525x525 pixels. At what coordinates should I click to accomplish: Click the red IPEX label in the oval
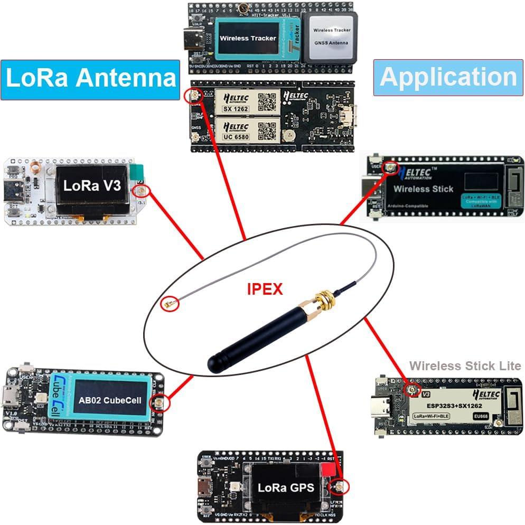pos(265,289)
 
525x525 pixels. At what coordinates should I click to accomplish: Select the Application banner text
pos(448,77)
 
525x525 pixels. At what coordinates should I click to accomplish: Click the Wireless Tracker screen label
pos(248,38)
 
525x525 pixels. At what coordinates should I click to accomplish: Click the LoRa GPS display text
pos(286,487)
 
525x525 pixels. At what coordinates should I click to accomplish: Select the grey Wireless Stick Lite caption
pos(465,365)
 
